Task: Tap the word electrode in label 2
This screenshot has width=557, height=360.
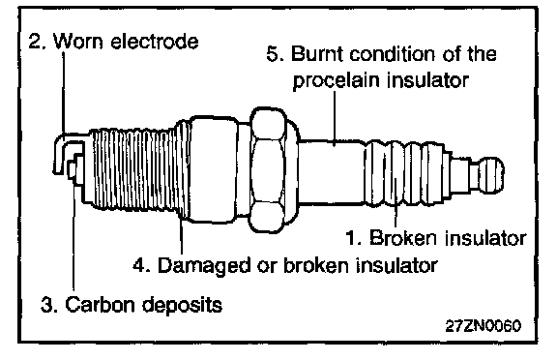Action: [x=154, y=41]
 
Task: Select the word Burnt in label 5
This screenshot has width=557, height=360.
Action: [x=317, y=54]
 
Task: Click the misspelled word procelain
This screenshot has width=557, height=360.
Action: [x=337, y=80]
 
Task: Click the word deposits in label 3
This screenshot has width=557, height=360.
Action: [x=182, y=305]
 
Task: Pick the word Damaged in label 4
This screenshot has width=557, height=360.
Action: [x=203, y=265]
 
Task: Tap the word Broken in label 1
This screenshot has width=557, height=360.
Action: [x=403, y=237]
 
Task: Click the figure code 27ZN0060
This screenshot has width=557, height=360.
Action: [x=484, y=325]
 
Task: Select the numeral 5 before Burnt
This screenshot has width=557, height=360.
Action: [x=275, y=54]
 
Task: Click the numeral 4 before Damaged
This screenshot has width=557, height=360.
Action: [x=140, y=265]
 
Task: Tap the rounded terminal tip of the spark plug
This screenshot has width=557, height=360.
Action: [x=492, y=175]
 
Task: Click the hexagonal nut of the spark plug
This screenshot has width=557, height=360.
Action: [x=269, y=170]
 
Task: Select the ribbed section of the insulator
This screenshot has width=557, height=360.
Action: [x=404, y=173]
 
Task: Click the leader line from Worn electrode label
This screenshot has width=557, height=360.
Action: [x=64, y=93]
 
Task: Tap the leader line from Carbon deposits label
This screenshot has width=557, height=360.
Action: [x=73, y=234]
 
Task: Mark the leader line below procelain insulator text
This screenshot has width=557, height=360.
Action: [x=335, y=118]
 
